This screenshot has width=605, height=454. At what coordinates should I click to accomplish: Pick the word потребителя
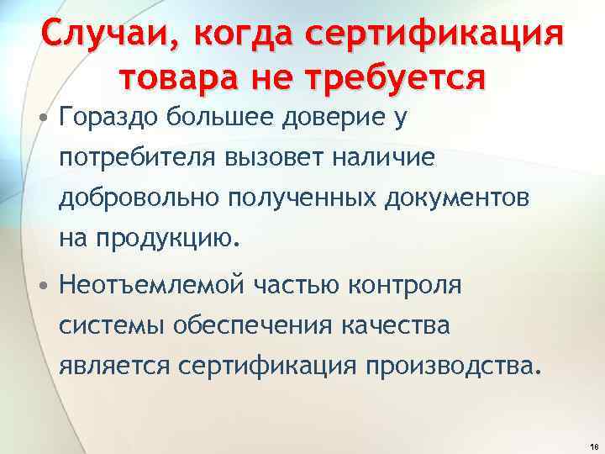click(138, 159)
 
